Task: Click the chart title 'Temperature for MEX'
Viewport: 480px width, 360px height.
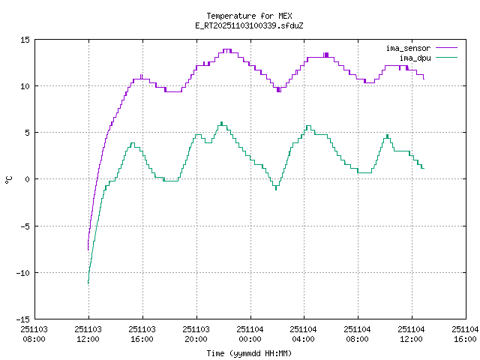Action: [x=248, y=16]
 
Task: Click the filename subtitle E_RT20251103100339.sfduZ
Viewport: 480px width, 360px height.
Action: [x=248, y=25]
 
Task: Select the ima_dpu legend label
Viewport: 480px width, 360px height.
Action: [x=415, y=57]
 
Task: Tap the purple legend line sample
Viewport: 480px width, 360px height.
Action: [x=445, y=48]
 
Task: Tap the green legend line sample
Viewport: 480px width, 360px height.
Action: [x=445, y=57]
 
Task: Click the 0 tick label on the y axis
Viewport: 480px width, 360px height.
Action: [x=27, y=179]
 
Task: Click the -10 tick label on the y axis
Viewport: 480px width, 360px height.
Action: [x=22, y=272]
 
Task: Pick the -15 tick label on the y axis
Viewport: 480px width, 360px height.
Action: [x=22, y=319]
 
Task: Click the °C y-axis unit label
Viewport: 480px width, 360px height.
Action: [x=9, y=179]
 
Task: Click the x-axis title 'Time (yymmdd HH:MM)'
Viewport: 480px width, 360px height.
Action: [x=249, y=353]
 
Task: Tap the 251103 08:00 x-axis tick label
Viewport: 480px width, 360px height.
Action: [x=34, y=334]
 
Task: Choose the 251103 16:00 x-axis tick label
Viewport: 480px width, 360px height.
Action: [x=142, y=334]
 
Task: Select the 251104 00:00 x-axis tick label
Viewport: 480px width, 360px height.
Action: [x=250, y=334]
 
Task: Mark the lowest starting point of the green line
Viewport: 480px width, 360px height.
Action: [x=88, y=283]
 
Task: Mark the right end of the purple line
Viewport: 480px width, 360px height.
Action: [x=424, y=78]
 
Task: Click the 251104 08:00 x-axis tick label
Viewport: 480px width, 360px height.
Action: [x=357, y=334]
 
